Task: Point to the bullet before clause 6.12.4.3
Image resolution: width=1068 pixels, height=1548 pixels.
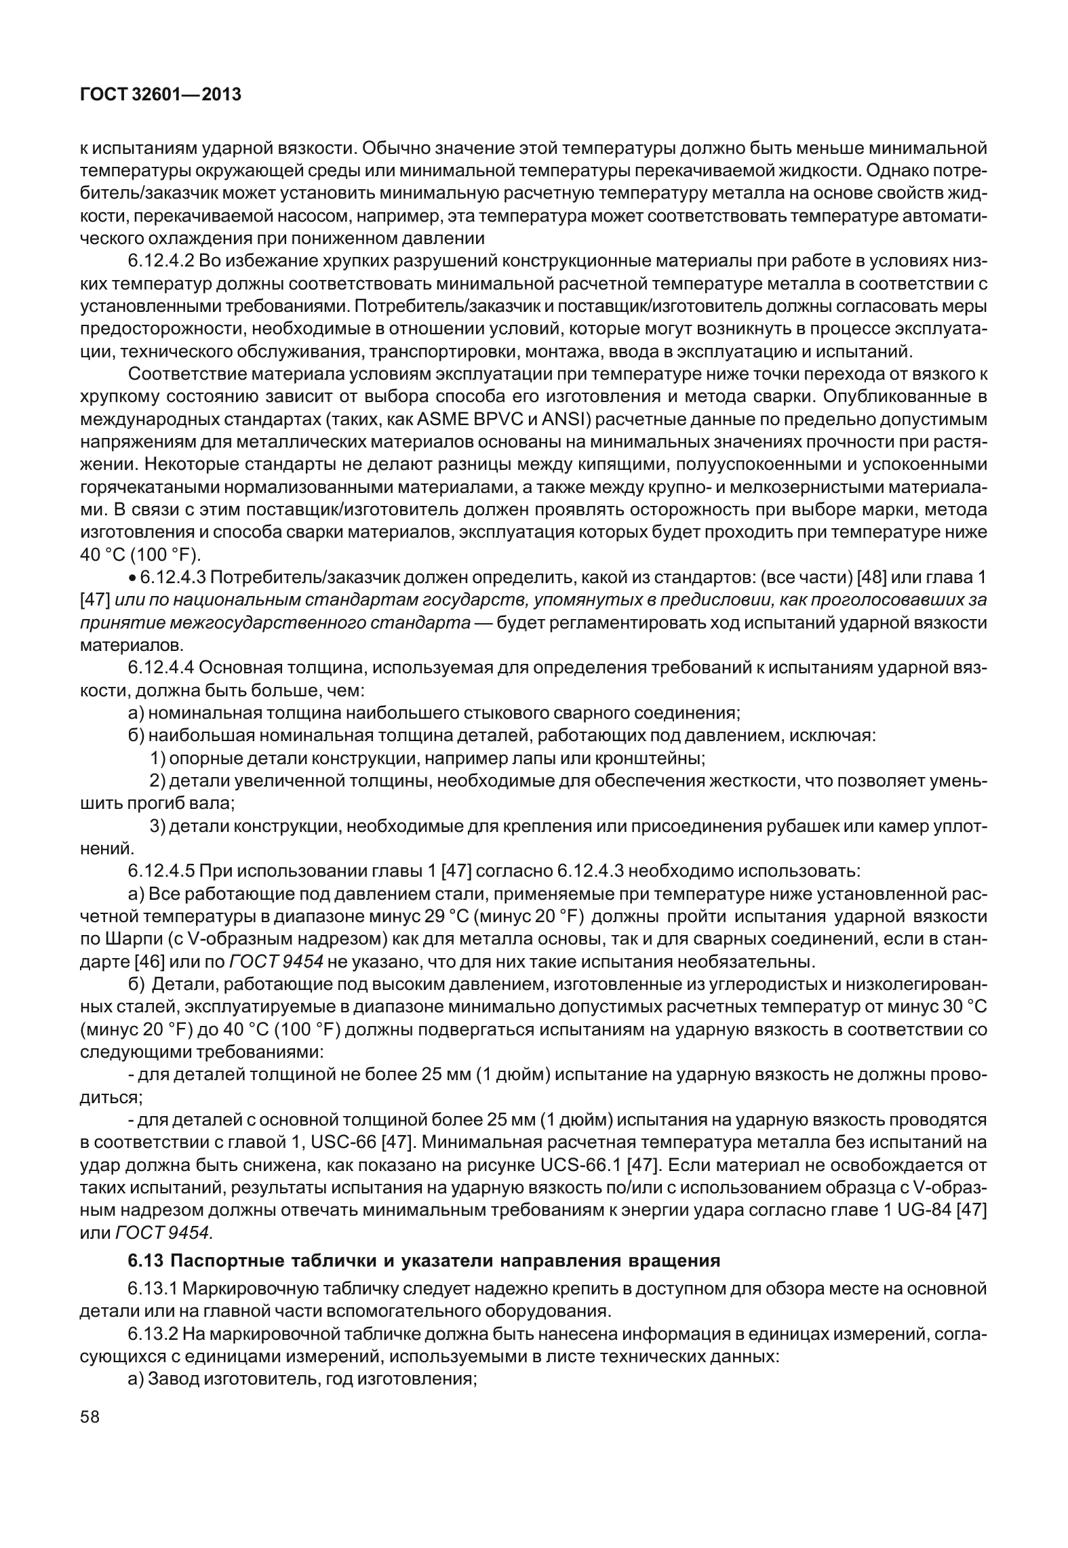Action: coord(133,578)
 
